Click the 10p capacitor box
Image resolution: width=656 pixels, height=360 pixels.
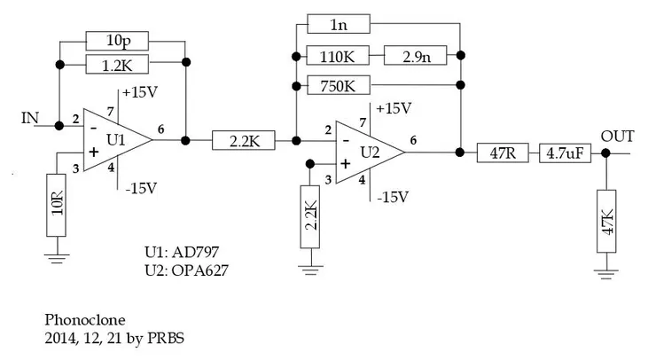(x=118, y=40)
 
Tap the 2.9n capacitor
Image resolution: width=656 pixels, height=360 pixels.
(x=417, y=56)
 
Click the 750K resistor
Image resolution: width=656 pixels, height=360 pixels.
(x=339, y=87)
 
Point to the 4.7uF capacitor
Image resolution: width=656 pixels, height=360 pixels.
(x=565, y=152)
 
